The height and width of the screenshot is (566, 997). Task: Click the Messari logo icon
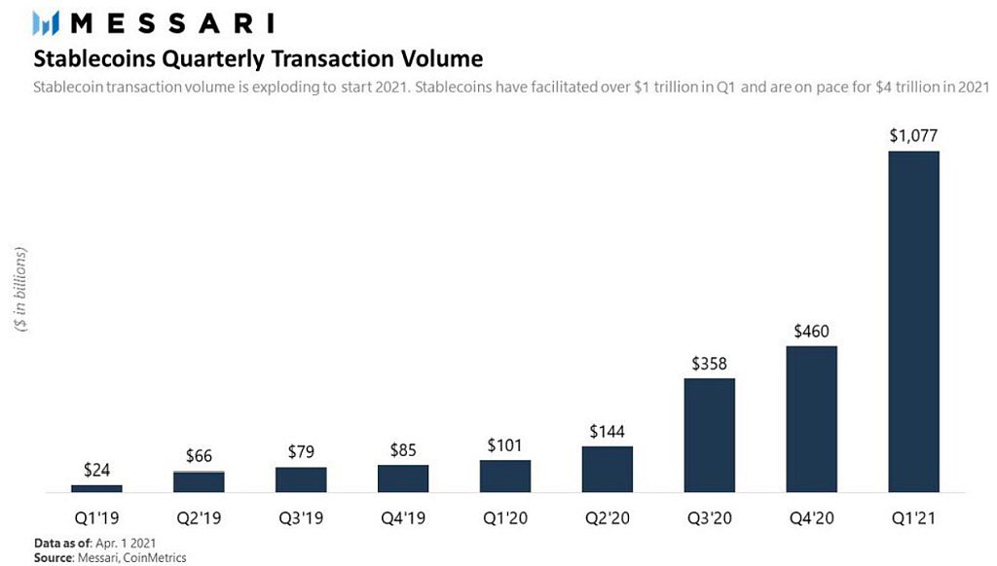[x=46, y=23]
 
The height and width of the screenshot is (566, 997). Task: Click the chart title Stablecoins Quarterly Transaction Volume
[x=258, y=59]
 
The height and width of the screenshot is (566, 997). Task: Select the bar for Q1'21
[x=913, y=322]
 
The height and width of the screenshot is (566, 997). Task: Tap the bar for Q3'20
[x=710, y=435]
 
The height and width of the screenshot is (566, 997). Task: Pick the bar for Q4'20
[x=811, y=419]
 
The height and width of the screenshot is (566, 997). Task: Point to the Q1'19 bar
[x=96, y=488]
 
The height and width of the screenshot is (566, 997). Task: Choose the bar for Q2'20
[x=608, y=470]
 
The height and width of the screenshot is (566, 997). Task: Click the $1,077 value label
[x=913, y=135]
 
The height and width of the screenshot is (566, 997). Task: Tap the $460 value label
[x=811, y=331]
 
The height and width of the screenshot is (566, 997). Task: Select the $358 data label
[x=710, y=364]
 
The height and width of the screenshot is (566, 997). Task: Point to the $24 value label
[x=96, y=470]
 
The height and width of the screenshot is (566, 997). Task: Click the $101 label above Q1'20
[x=505, y=445]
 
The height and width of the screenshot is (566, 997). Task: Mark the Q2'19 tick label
[x=199, y=518]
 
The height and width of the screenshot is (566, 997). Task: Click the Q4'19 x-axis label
[x=403, y=518]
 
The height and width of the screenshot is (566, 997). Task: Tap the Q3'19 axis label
[x=302, y=518]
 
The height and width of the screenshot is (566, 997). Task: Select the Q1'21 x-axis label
[x=913, y=518]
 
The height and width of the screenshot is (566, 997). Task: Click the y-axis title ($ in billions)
[x=21, y=290]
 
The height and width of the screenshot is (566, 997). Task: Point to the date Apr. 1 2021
[x=126, y=543]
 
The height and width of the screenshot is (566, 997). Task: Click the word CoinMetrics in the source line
[x=155, y=558]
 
